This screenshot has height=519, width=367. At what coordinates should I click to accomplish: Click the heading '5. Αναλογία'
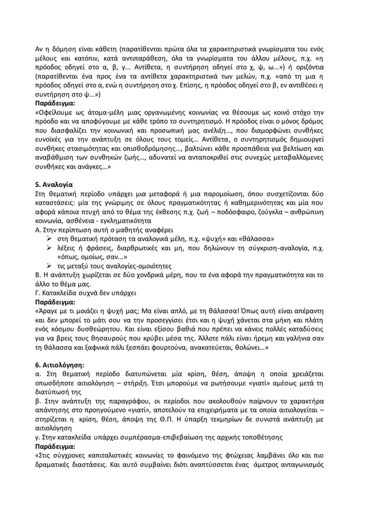click(53, 185)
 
